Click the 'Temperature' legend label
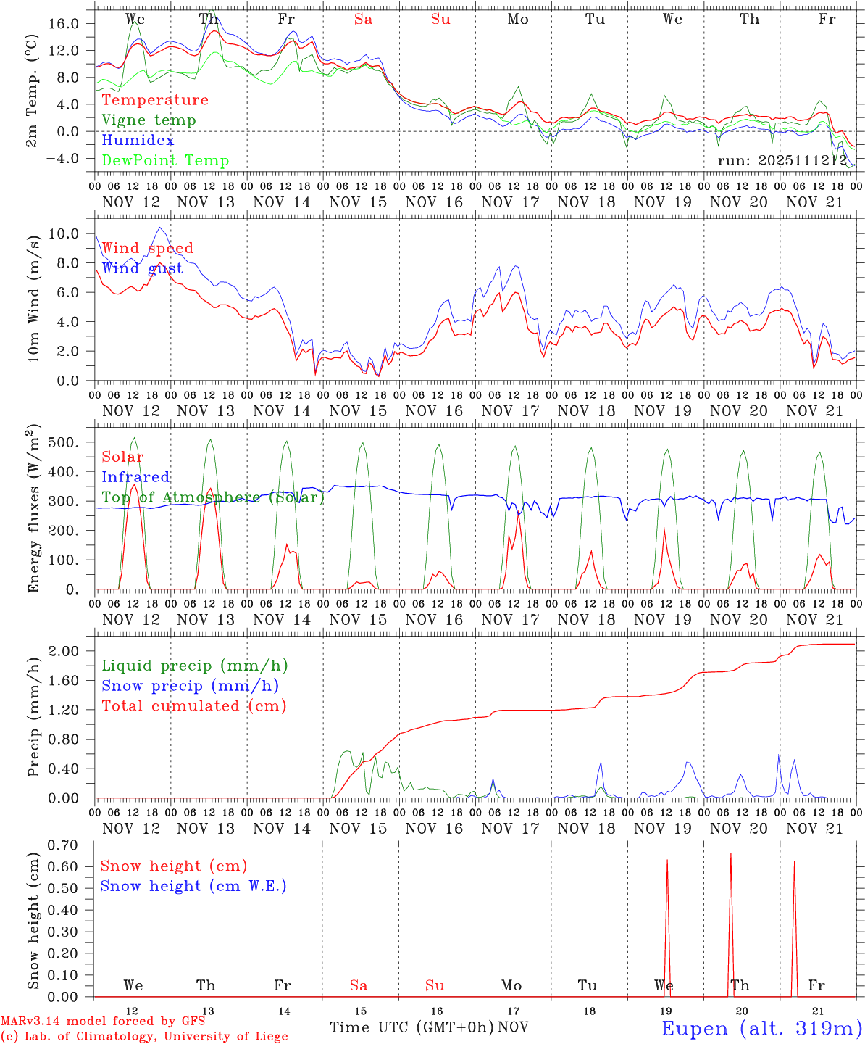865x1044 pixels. [155, 100]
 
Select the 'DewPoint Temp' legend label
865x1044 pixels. [165, 161]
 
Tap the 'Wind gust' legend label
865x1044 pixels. [142, 268]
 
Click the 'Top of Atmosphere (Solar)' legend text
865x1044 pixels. [213, 497]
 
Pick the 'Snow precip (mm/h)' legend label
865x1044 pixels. [190, 686]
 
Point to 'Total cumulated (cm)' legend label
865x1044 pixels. [193, 706]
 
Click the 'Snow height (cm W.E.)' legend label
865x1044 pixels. [193, 886]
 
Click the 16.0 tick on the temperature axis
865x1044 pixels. [64, 23]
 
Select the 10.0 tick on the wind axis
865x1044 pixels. [64, 233]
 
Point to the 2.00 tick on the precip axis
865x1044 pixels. [64, 651]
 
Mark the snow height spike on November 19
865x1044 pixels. [667, 863]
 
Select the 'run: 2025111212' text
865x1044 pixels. [782, 161]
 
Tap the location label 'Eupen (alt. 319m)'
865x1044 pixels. [761, 1028]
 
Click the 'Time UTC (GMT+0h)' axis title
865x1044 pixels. [412, 1027]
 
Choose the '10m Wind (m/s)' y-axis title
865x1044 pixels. [34, 297]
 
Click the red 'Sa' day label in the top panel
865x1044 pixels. [363, 20]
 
